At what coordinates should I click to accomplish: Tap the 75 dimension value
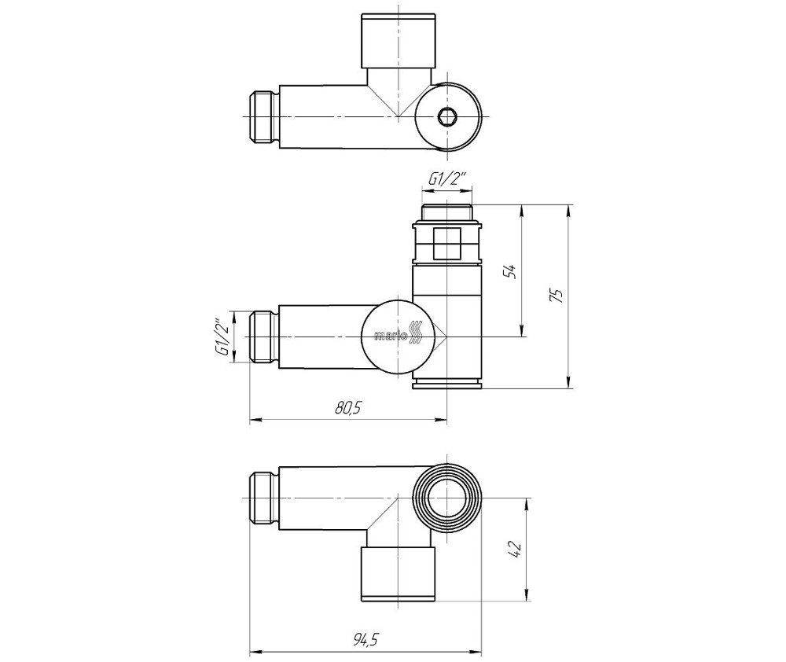(x=555, y=296)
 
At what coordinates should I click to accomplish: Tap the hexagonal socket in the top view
(x=447, y=117)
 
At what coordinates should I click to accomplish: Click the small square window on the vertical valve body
(x=446, y=242)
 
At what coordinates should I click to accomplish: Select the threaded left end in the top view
(x=265, y=117)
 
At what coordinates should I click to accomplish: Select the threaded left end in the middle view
(x=265, y=337)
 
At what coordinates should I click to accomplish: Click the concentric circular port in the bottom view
(x=448, y=499)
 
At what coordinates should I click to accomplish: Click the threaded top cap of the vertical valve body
(x=446, y=211)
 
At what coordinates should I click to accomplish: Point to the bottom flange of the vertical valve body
(x=446, y=383)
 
